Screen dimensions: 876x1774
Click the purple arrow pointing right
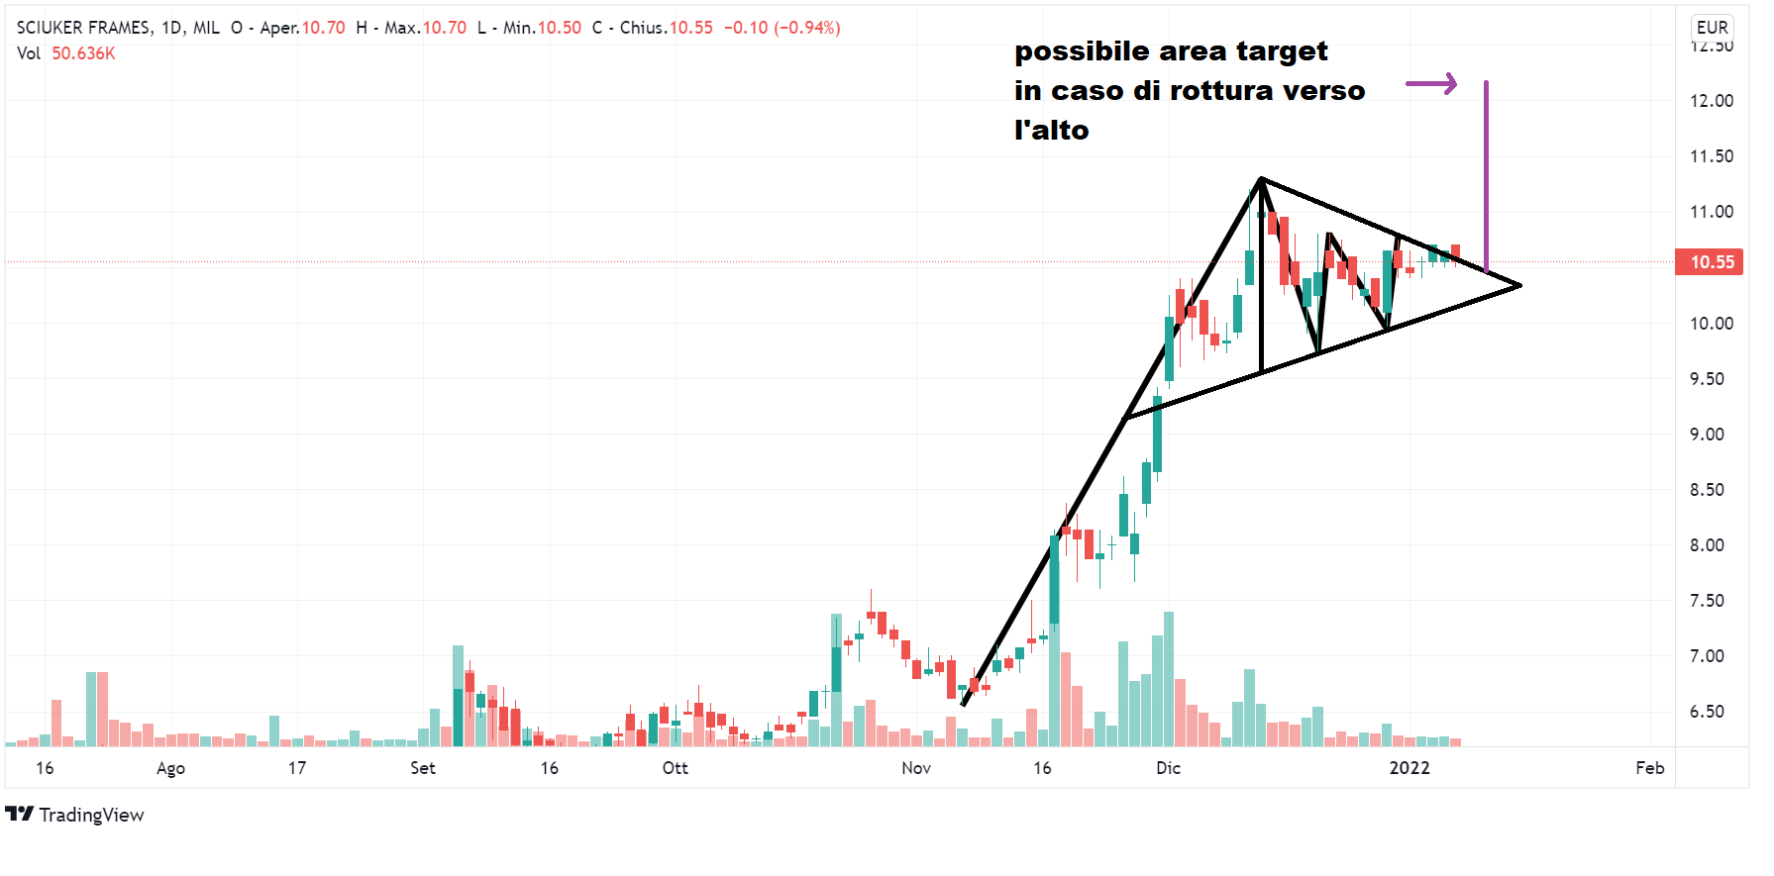point(1431,84)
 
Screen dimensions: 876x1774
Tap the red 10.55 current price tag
point(1709,262)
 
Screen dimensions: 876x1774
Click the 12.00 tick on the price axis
point(1712,101)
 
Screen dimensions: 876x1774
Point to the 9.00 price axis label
point(1712,435)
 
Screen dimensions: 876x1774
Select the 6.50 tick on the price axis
point(1712,712)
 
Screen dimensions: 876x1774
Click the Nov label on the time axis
point(916,768)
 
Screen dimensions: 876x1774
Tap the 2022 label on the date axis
point(1409,768)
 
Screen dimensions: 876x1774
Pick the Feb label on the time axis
point(1649,768)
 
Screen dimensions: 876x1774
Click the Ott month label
point(675,768)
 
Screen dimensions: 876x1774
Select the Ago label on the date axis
point(170,768)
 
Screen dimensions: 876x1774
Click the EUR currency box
point(1712,28)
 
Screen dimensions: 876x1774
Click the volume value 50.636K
point(83,53)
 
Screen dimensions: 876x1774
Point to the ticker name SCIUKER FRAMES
point(84,28)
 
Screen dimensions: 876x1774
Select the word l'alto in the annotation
point(1051,131)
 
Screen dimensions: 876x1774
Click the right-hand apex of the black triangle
point(1519,286)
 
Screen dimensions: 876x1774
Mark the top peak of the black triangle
point(1260,179)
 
